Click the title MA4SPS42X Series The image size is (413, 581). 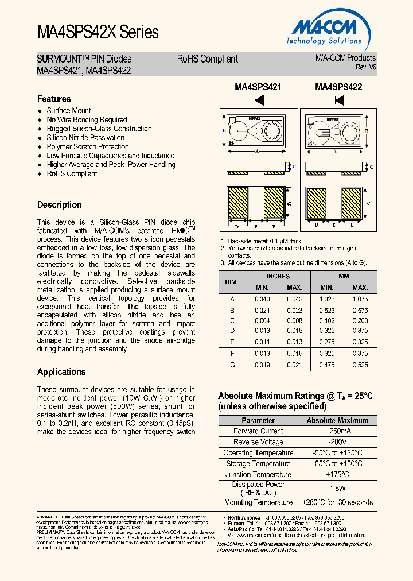pyautogui.click(x=98, y=32)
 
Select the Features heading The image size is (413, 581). pyautogui.click(x=54, y=99)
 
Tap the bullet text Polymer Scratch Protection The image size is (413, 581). pyautogui.click(x=88, y=146)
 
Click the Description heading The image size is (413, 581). pyautogui.click(x=59, y=204)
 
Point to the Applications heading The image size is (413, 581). pyautogui.click(x=61, y=371)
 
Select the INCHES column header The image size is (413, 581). pyautogui.click(x=278, y=276)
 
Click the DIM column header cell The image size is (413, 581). pyautogui.click(x=231, y=282)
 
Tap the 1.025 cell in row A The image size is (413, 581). pyautogui.click(x=327, y=299)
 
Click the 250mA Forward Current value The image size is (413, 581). pyautogui.click(x=337, y=431)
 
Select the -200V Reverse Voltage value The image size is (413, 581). pyautogui.click(x=337, y=442)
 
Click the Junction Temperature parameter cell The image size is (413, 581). pyautogui.click(x=258, y=474)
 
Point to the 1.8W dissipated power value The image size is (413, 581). pyautogui.click(x=337, y=489)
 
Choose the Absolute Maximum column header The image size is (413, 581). pyautogui.click(x=337, y=420)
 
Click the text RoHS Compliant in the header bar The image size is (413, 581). pyautogui.click(x=207, y=59)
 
